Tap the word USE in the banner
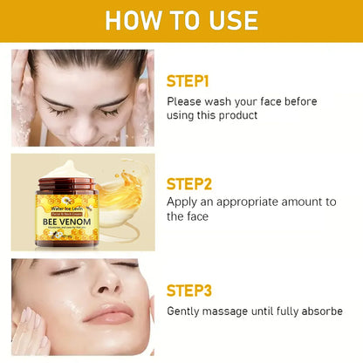(229, 21)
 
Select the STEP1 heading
(200, 81)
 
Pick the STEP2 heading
(202, 184)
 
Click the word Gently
(187, 312)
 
